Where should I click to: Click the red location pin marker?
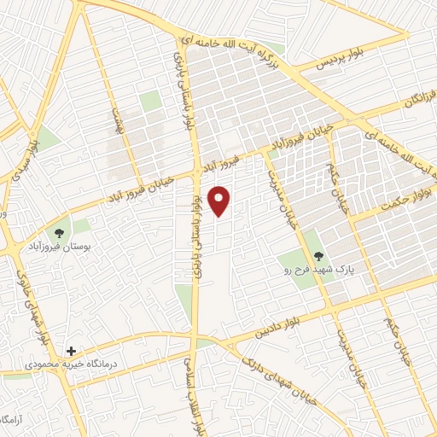pyautogui.click(x=220, y=200)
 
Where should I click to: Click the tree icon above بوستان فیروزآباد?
pyautogui.click(x=59, y=233)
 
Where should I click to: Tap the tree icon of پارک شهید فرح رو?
pyautogui.click(x=319, y=254)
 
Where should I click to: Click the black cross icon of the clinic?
pyautogui.click(x=72, y=352)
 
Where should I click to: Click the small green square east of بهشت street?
pyautogui.click(x=150, y=101)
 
